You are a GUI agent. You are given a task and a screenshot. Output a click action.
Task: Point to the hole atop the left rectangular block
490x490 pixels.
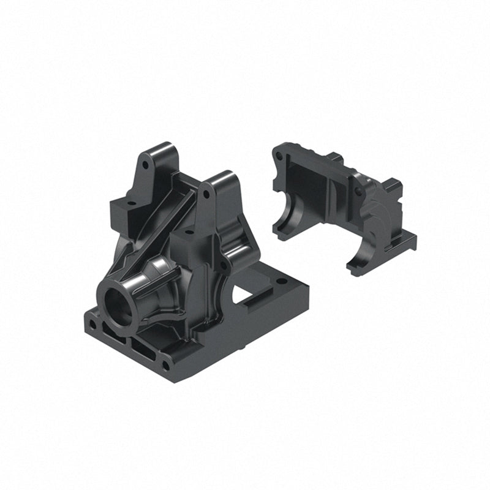pyautogui.click(x=130, y=200)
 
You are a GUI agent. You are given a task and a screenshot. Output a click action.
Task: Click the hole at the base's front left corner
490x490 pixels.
pyautogui.click(x=92, y=323)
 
